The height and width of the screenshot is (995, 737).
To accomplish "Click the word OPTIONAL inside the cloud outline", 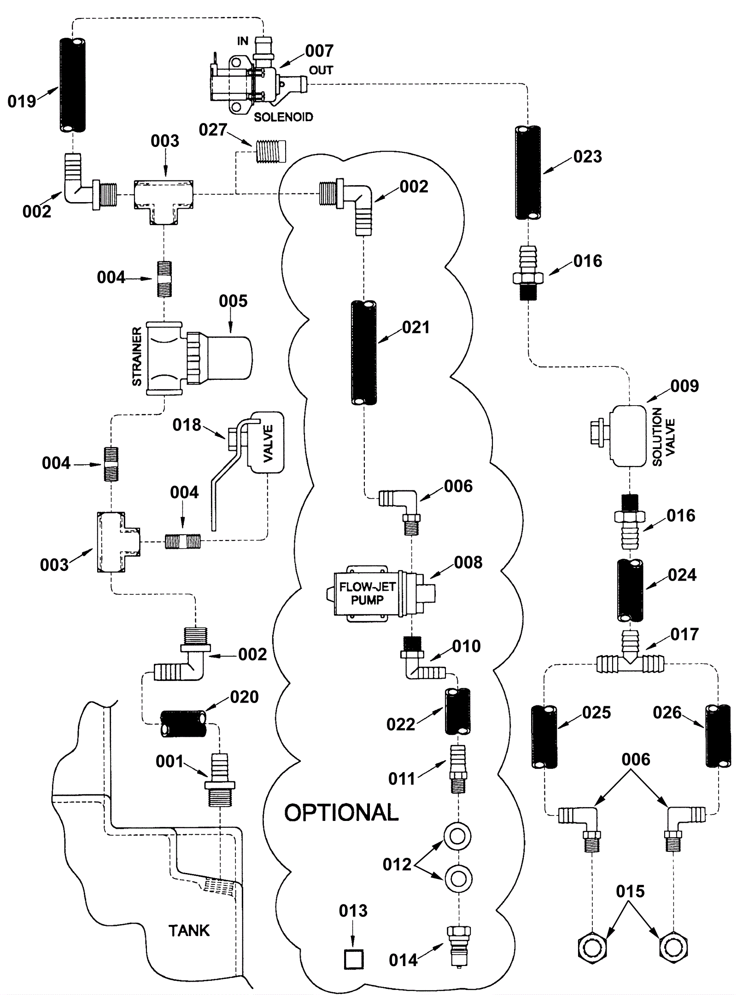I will (341, 812).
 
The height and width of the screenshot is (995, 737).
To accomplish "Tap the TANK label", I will (189, 931).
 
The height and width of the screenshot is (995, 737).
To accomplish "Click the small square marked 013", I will (354, 960).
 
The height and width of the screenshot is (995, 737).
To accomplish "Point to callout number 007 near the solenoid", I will (319, 51).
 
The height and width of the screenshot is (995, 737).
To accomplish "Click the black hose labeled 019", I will (73, 85).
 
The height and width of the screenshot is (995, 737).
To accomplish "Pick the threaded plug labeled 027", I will (269, 151).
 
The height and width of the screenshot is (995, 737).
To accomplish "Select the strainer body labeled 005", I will (198, 357).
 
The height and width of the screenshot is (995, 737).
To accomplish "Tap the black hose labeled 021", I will (364, 353).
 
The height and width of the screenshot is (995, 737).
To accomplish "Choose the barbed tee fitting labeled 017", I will (630, 656).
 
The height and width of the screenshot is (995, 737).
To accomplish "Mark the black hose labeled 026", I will (718, 736).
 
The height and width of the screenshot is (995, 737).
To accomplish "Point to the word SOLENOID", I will (283, 117).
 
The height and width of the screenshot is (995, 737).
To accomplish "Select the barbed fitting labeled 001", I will (219, 780).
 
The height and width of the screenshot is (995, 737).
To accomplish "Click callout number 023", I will (588, 157).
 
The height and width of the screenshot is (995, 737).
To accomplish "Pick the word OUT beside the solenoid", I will (321, 70).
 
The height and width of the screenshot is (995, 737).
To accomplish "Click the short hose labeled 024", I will (630, 590).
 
